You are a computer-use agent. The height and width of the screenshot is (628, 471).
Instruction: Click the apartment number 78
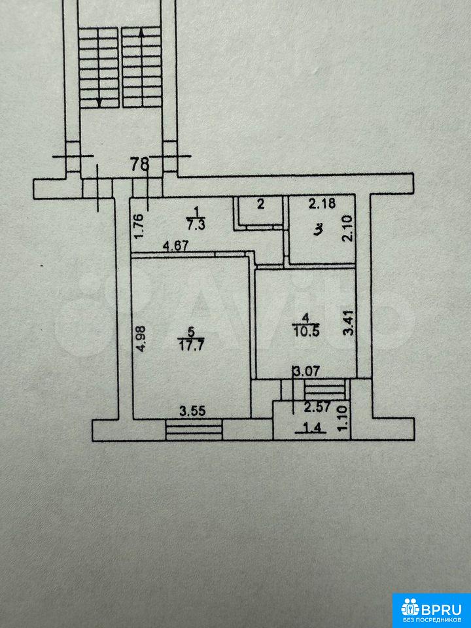tap(140, 164)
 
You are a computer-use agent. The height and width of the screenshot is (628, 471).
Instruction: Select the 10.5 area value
tap(306, 332)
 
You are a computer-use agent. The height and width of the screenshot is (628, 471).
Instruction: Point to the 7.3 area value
tap(196, 224)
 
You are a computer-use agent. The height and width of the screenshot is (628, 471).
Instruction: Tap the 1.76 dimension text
tap(138, 228)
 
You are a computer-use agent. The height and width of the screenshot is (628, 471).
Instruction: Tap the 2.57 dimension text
tap(317, 408)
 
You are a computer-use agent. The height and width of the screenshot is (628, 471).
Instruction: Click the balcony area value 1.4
tap(310, 428)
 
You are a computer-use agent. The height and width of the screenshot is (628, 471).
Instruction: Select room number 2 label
tap(260, 205)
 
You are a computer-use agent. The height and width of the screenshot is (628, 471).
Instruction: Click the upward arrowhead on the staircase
tap(141, 33)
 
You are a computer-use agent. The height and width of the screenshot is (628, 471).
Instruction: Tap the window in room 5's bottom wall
tap(194, 430)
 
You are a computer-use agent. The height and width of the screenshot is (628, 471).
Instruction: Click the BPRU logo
tap(431, 609)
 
